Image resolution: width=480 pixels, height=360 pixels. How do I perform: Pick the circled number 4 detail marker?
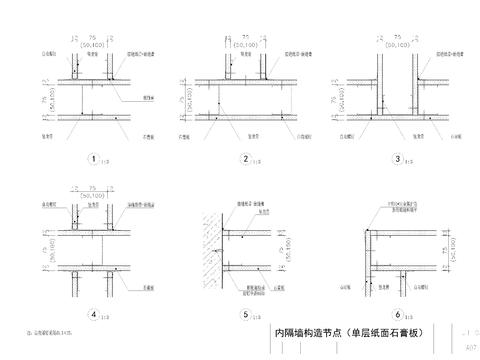[x=94, y=315]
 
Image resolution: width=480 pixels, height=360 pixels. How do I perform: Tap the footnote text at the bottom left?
[x=44, y=330]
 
